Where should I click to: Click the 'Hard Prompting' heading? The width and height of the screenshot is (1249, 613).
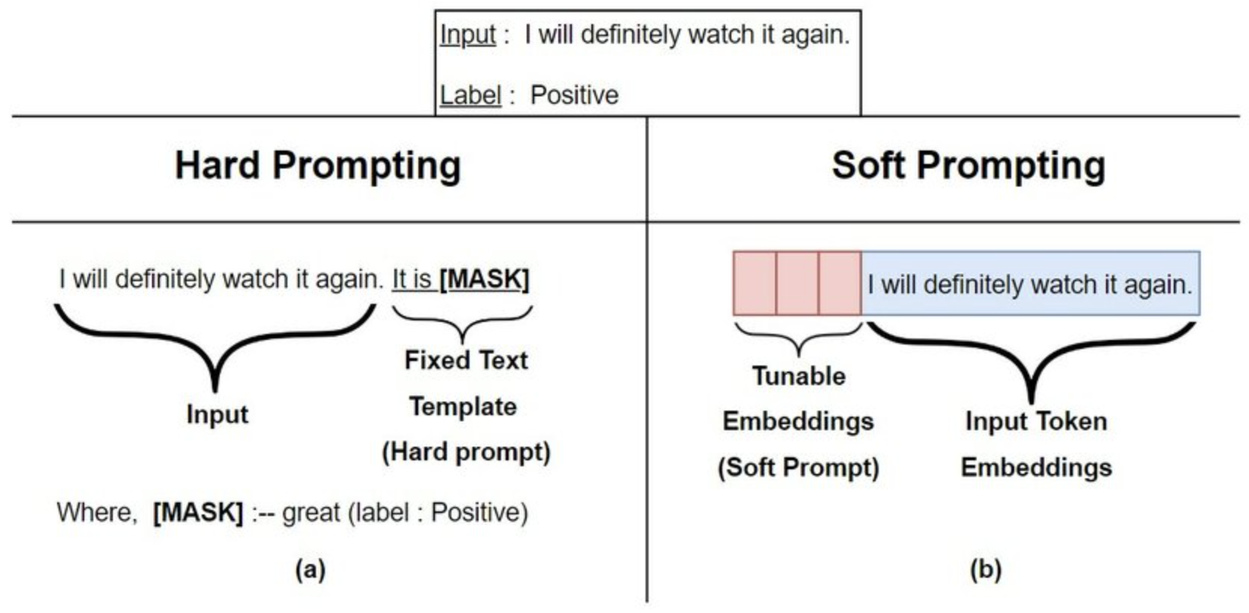pyautogui.click(x=318, y=165)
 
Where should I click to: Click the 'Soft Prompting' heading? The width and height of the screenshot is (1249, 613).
pyautogui.click(x=968, y=165)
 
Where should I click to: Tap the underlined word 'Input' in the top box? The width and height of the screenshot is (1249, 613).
pyautogui.click(x=468, y=35)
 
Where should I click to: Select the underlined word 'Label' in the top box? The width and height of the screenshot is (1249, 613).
pyautogui.click(x=470, y=95)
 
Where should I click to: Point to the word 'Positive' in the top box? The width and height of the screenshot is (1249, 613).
pyautogui.click(x=574, y=95)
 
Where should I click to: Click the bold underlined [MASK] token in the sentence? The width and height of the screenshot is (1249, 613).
pyautogui.click(x=484, y=279)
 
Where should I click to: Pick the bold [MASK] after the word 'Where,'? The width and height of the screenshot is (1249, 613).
pyautogui.click(x=198, y=512)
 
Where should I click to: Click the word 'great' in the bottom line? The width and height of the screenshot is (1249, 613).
pyautogui.click(x=311, y=513)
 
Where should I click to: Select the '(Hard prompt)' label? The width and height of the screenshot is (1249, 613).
pyautogui.click(x=466, y=452)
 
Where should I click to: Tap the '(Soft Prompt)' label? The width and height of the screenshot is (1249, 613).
pyautogui.click(x=798, y=467)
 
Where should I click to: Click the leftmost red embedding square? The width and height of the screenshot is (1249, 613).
pyautogui.click(x=755, y=283)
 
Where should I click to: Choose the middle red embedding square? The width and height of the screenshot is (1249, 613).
pyautogui.click(x=798, y=283)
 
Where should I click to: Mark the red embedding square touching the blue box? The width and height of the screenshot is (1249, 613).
pyautogui.click(x=840, y=283)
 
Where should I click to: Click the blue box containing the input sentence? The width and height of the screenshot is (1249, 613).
pyautogui.click(x=1031, y=283)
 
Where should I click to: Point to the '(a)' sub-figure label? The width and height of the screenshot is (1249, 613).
pyautogui.click(x=311, y=569)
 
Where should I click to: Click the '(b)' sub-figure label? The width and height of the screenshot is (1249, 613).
pyautogui.click(x=986, y=569)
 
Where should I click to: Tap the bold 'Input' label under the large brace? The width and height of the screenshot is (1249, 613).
pyautogui.click(x=217, y=415)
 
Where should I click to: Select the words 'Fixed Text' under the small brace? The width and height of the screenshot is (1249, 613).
pyautogui.click(x=466, y=360)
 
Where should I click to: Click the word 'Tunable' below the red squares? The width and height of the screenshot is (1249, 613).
pyautogui.click(x=799, y=376)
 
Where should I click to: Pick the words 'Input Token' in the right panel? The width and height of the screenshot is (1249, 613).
pyautogui.click(x=1037, y=421)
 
